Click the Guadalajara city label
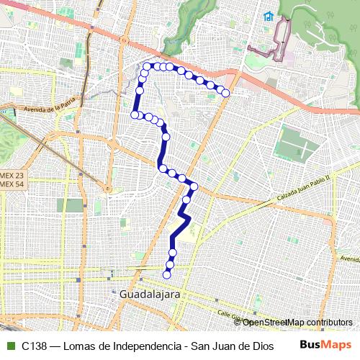[x=150, y=294]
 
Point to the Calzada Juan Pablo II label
[x=302, y=189]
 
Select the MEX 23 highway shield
[x=11, y=175]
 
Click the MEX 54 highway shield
[x=11, y=184]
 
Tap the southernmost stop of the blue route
[x=168, y=274]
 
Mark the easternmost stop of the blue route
[x=226, y=93]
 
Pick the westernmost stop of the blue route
[x=134, y=114]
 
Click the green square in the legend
[x=10, y=346]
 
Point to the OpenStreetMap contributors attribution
[x=297, y=322]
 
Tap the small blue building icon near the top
[x=268, y=16]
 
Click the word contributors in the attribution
[x=327, y=322]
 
